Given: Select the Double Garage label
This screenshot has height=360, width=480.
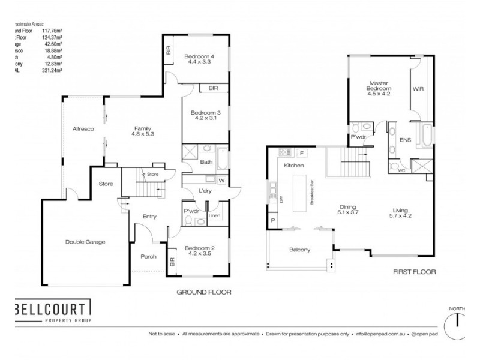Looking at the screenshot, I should (85, 242).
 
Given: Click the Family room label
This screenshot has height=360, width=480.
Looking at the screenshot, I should (142, 128).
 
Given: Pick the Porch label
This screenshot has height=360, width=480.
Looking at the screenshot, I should (148, 257).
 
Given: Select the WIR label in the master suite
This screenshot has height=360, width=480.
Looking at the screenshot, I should (418, 88).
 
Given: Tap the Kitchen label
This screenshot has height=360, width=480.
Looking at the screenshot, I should (294, 165).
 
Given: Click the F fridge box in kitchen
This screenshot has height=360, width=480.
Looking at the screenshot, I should (301, 153).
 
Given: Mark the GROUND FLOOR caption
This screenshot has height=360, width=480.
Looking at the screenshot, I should (203, 292).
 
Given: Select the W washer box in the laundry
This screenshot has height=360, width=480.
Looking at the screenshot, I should (221, 180).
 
